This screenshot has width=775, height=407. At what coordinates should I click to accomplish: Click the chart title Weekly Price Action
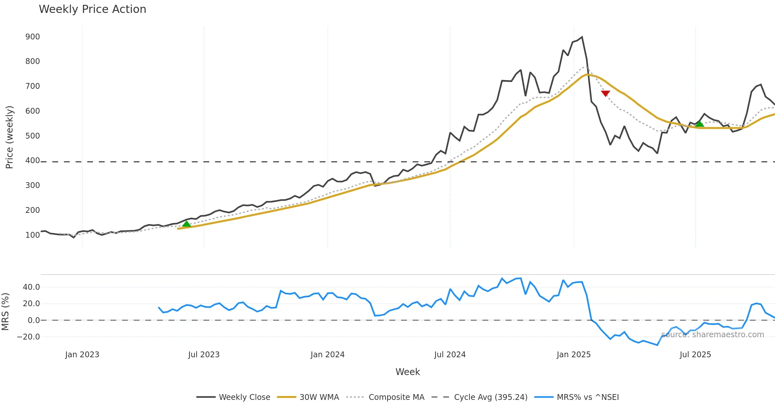pos(92,9)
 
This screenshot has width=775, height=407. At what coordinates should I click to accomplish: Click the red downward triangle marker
pos(605,93)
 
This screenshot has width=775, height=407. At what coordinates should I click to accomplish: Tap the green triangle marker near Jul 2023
pos(186,224)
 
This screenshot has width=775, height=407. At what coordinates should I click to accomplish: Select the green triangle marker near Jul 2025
pos(699,124)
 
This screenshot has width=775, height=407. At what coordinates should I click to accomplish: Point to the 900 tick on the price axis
pos(33,37)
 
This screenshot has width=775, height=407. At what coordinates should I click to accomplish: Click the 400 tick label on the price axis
pos(33,161)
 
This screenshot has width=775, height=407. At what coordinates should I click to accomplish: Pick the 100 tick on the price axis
pos(33,235)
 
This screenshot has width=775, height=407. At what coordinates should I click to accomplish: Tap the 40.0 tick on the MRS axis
pos(31,287)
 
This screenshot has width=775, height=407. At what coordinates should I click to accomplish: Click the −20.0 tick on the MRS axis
pos(28,337)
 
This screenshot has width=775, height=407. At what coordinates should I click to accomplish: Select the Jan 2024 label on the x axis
pos(327,355)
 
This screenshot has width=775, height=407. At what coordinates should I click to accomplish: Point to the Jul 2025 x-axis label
pos(695,355)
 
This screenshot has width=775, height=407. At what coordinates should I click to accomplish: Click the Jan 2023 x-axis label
pos(82,355)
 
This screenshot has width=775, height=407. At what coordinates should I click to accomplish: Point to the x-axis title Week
pos(408,372)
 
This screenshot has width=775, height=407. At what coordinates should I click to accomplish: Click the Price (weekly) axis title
pos(9,137)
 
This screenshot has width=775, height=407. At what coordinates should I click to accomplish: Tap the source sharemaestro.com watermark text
pos(713,335)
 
